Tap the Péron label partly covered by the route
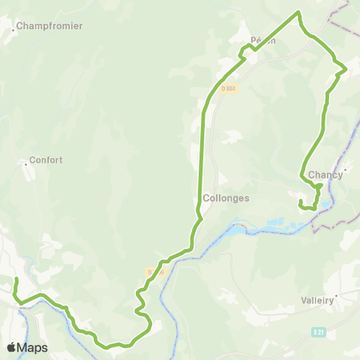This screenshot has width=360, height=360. click(263, 40)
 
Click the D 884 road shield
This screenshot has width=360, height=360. click(229, 88)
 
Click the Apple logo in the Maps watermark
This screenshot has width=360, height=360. click(11, 347)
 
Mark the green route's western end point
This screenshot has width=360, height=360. click(16, 280)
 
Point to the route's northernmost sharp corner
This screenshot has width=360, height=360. click(298, 12)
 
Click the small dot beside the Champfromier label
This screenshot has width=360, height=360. click(14, 31)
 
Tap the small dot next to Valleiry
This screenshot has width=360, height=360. click(337, 295)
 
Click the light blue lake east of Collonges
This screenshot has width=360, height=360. click(262, 223)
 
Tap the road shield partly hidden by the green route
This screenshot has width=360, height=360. click(154, 272)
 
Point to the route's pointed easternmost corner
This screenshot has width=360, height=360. click(346, 70)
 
